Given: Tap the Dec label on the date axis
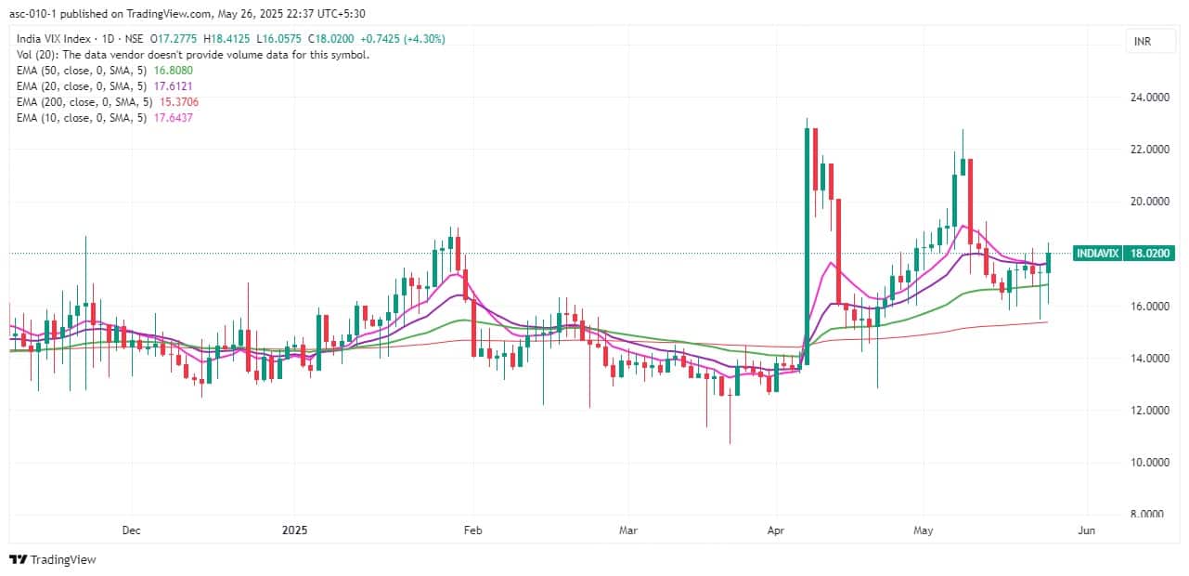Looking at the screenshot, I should tap(131, 530).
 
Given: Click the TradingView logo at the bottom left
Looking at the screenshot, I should tap(53, 559).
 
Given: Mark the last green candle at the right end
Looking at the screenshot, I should tap(1048, 262).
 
